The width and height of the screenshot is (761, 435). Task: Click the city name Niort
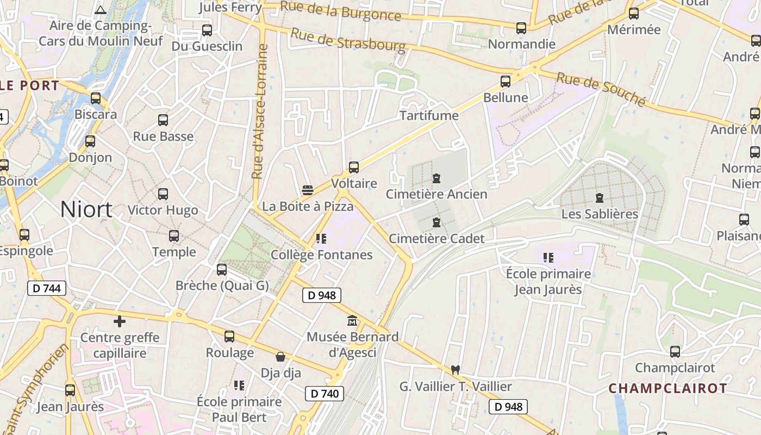86,209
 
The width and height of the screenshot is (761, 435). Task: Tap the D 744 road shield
47,288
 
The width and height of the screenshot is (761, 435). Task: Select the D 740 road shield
325,394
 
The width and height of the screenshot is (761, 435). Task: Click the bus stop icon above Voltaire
354,167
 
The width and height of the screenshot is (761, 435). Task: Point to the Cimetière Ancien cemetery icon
436,178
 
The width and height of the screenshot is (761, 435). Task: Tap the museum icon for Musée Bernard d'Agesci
352,321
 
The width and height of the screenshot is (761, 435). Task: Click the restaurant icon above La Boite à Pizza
308,190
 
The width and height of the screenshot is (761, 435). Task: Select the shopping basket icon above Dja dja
280,357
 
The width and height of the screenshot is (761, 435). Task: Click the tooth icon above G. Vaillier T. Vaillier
456,370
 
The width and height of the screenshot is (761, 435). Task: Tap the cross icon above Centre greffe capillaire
120,321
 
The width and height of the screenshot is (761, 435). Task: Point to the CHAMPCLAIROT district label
668,388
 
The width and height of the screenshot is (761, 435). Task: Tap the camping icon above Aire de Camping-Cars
100,9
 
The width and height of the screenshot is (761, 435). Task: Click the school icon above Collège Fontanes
321,239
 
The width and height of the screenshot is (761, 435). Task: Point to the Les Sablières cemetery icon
600,198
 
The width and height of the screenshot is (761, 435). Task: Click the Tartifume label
429,116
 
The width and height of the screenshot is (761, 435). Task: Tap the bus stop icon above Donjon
90,141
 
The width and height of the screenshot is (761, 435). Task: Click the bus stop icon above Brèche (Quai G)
222,270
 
